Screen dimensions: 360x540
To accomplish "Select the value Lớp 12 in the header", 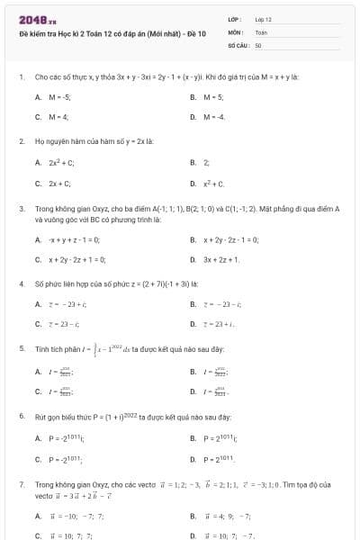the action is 264,19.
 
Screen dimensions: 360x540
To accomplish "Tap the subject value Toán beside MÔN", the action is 262,31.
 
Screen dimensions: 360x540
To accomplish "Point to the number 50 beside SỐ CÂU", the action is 258,43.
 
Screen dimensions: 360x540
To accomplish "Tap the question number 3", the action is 21,208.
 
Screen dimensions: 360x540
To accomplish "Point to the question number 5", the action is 21,348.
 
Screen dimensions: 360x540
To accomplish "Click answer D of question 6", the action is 220,459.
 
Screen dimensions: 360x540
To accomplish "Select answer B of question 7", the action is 220,516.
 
